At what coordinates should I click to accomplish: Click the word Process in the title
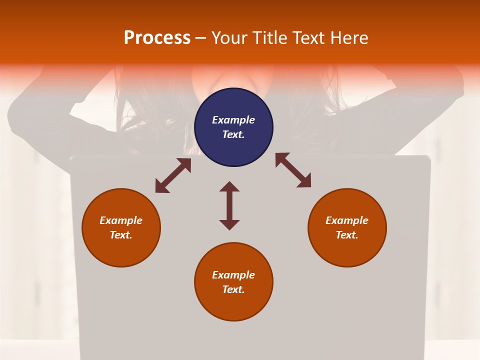(157, 38)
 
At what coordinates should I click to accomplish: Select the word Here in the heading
(349, 38)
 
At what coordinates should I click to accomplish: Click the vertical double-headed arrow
(229, 205)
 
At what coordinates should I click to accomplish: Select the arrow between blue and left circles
(173, 175)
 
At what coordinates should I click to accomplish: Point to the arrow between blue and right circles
(293, 170)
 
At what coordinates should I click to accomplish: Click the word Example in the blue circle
(233, 120)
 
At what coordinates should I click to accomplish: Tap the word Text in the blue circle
(233, 134)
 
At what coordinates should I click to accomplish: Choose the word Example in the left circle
(121, 220)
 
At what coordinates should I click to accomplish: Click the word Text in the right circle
(347, 235)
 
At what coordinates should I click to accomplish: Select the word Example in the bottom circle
(233, 275)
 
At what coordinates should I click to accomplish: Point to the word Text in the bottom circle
(233, 289)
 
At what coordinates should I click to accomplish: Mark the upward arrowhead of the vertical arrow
(229, 187)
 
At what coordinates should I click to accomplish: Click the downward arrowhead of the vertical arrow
(229, 224)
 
